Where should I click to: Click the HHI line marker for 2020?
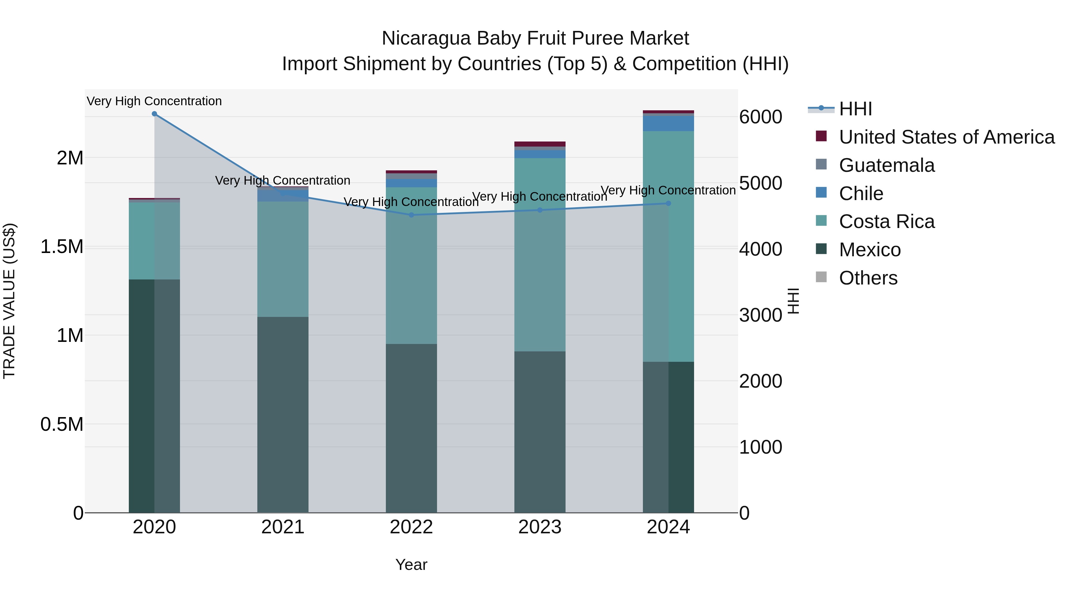pos(154,114)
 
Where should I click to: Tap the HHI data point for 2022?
pos(411,215)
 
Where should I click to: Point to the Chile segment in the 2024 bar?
pos(668,123)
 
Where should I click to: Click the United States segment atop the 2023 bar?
pos(540,144)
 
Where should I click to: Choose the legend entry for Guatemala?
pos(887,165)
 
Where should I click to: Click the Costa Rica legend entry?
pos(887,222)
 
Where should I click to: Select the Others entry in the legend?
pos(868,278)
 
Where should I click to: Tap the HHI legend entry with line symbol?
pos(855,109)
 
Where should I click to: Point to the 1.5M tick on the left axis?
pos(62,247)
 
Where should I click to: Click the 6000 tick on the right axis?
pos(760,117)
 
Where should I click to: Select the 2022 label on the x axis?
pos(411,527)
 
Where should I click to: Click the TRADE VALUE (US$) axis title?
pos(9,301)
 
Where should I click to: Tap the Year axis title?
pos(411,565)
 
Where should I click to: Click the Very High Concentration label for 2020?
pos(154,101)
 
